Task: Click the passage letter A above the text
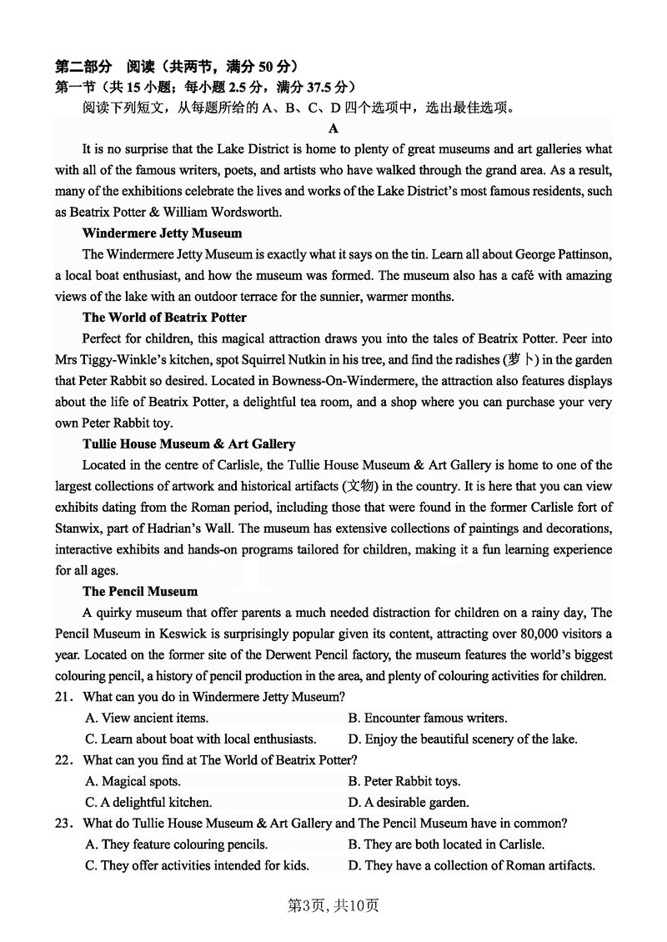pos(333,128)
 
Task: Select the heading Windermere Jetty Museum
pos(162,233)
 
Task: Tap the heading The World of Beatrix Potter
pos(164,318)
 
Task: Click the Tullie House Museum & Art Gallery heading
pos(188,444)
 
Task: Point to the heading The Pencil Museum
pos(140,592)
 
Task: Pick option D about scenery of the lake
pos(463,739)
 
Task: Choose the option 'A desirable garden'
pos(409,803)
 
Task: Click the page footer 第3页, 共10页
pos(333,905)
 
